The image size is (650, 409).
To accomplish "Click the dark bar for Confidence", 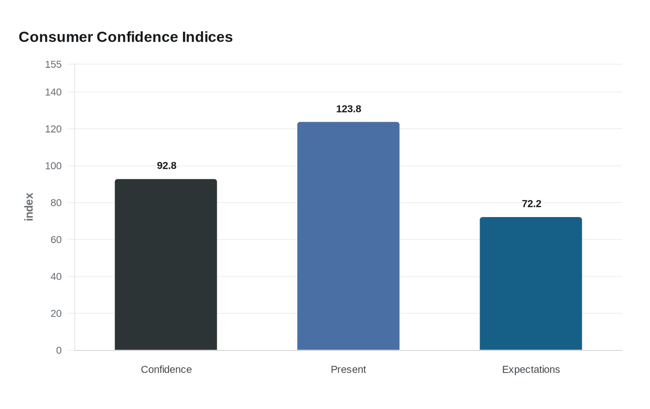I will pos(166,264).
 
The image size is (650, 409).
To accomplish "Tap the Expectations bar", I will pos(531,284).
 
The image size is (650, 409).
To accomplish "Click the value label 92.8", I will pos(167,166).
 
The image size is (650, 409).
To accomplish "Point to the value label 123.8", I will pos(348,109).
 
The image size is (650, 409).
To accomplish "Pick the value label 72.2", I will pos(531,204).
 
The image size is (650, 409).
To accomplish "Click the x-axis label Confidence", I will pos(166,369).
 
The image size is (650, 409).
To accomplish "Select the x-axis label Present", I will pos(348,369).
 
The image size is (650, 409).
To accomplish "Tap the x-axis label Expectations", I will pos(531,369).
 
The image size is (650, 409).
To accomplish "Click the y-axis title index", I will pos(29,207).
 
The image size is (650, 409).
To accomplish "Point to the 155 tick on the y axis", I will pos(53,65).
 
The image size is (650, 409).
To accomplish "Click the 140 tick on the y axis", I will pos(53,92).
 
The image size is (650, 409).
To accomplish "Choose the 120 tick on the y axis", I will pos(53,129).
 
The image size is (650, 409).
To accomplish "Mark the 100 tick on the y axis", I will pos(53,166).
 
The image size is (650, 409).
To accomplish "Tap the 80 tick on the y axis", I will pos(56,203).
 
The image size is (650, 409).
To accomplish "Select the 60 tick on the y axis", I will pos(56,240).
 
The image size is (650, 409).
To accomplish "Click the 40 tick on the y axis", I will pos(56,277).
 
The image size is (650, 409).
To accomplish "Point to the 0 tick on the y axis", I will pos(59,350).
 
